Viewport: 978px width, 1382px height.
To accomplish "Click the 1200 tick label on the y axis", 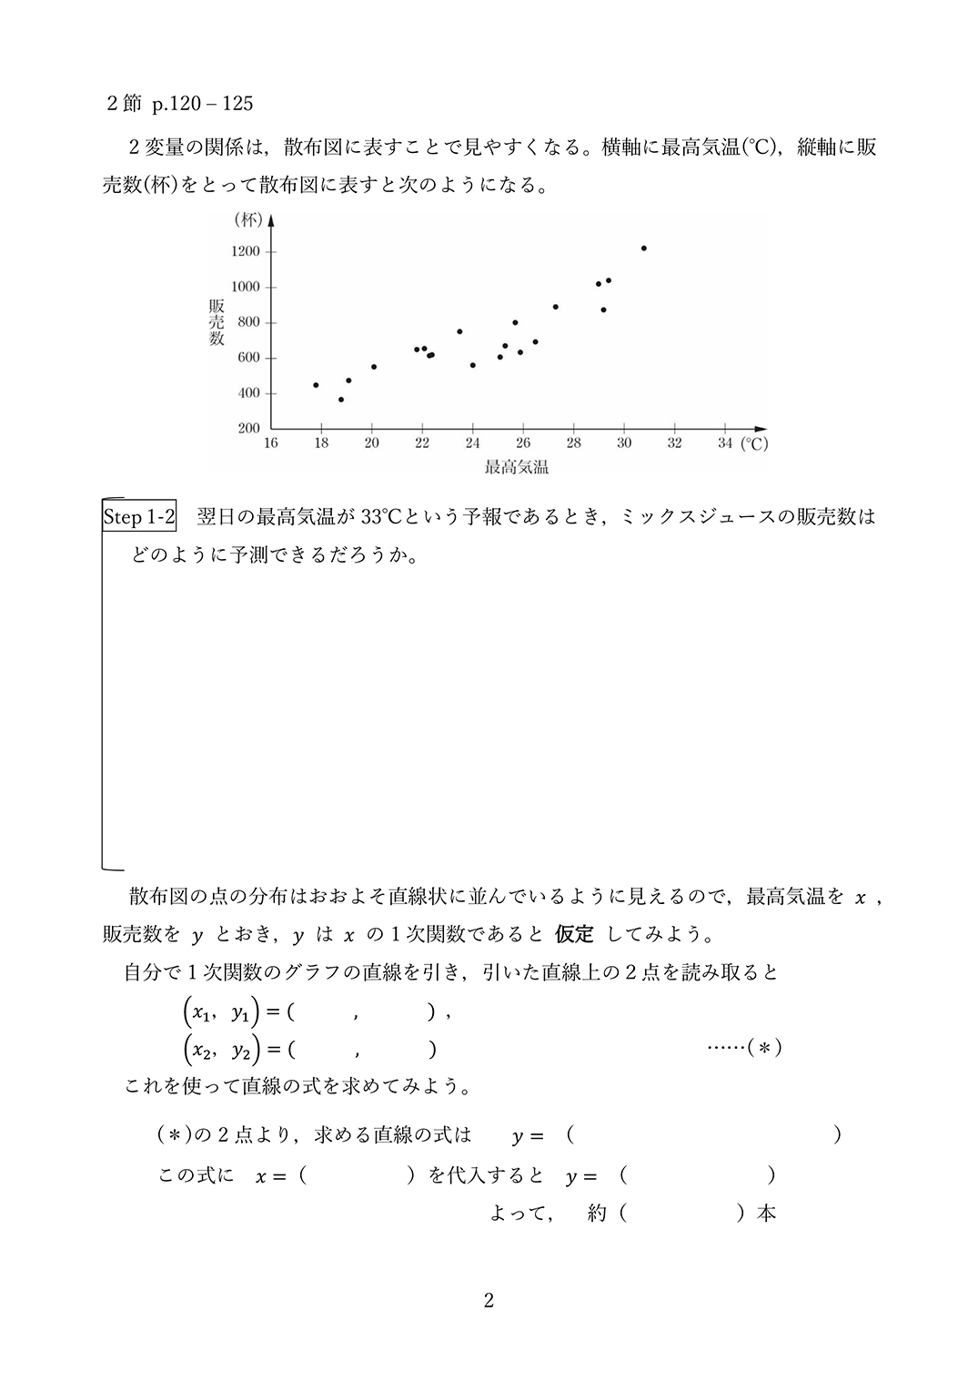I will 246,251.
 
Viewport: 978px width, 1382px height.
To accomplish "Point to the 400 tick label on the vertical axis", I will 248,393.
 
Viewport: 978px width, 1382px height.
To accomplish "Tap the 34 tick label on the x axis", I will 724,443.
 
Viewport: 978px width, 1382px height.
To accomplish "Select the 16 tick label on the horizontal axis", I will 270,443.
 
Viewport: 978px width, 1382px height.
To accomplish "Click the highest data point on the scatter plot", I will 643,248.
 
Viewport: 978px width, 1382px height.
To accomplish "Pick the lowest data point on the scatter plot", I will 341,400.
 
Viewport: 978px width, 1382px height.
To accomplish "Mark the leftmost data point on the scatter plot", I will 316,385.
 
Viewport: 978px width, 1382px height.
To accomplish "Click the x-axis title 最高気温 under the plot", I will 516,468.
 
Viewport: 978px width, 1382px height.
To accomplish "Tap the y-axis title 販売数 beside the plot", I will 217,322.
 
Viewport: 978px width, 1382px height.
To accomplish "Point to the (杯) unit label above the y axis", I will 247,219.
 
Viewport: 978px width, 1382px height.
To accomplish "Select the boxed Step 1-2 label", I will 139,517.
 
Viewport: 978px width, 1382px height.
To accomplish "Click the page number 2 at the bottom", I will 489,1301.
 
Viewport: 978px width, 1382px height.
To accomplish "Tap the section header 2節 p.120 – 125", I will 180,104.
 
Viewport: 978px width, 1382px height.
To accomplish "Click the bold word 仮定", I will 574,934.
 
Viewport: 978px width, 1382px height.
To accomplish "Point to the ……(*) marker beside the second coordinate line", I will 744,1048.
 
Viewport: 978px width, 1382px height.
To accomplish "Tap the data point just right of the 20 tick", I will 374,367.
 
